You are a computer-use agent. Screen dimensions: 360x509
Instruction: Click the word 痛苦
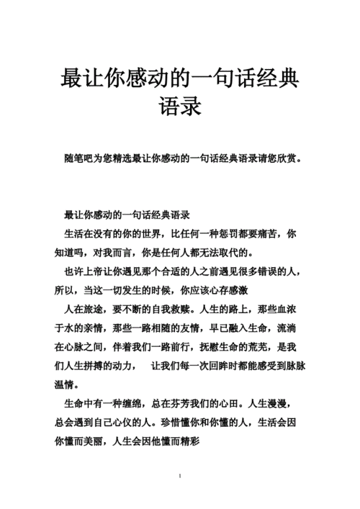(268, 234)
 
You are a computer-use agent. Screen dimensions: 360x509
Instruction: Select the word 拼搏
(104, 365)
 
